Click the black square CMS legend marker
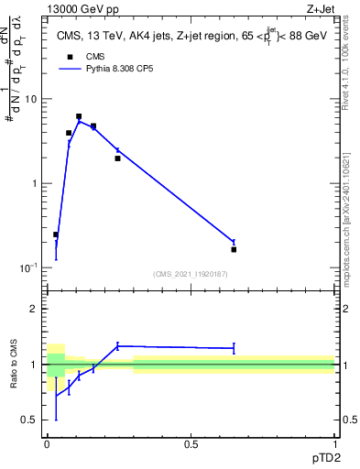point(68,56)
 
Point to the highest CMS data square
point(79,116)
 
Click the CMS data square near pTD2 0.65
point(234,249)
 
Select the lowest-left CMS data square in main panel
point(56,234)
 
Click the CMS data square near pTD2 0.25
point(117,158)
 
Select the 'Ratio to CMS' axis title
point(15,364)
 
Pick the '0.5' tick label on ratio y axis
point(30,420)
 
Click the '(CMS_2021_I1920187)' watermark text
point(191,273)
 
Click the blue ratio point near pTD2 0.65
point(234,348)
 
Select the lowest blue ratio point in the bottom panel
point(56,395)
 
